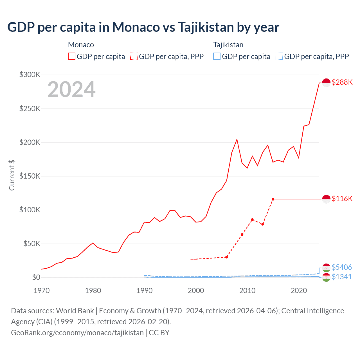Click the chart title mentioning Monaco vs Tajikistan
coord(143,27)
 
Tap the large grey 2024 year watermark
coord(71,89)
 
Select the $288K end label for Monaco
coord(342,82)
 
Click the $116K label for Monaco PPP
coord(342,199)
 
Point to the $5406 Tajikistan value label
coord(342,267)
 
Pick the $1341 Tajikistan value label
coord(342,277)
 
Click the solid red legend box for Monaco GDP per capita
coord(72,57)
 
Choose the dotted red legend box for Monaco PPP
coord(134,57)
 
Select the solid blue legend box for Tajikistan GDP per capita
coord(217,57)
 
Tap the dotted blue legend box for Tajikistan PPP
coord(279,57)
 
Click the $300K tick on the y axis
coord(30,75)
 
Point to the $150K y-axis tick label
coord(30,176)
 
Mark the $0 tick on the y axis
coord(36,277)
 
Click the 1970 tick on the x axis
coord(42,291)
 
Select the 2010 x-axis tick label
coord(247,291)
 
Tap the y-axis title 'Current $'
coord(12,175)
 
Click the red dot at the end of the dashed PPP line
coord(273,199)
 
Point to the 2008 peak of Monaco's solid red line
coord(237,139)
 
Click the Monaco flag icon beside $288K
coord(326,82)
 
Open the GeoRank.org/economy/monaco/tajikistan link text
coord(77,333)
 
